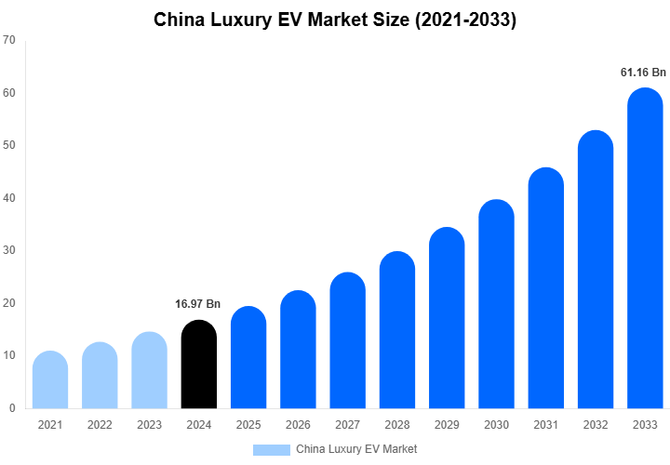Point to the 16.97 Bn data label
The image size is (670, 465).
[198, 304]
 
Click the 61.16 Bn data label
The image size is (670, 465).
[644, 72]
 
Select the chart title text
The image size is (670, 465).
[335, 20]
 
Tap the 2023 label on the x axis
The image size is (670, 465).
[149, 425]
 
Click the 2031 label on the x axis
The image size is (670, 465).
[546, 425]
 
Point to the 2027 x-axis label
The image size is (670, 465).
[347, 425]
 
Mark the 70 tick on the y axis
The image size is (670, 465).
[9, 40]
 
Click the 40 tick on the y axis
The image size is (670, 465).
[9, 198]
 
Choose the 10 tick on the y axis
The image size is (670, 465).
[9, 355]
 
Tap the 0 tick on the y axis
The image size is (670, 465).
[12, 408]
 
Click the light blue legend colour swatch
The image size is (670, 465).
[271, 449]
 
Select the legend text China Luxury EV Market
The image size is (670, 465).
[356, 449]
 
